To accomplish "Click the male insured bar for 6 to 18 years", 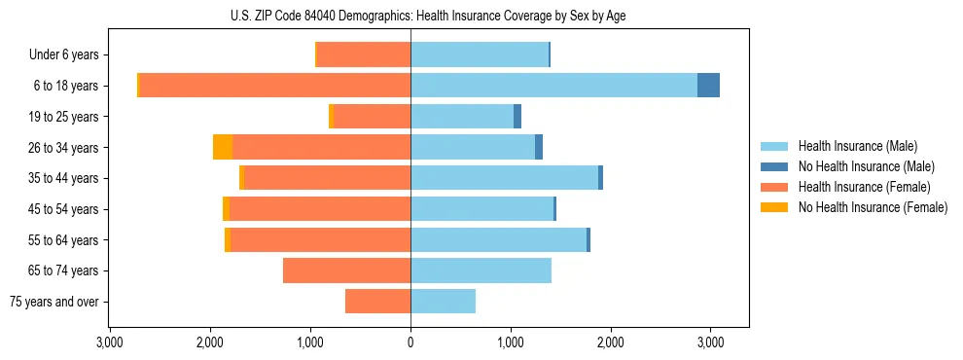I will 553,86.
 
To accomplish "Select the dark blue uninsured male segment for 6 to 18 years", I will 708,86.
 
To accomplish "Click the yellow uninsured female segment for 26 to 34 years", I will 223,147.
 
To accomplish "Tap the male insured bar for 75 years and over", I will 443,302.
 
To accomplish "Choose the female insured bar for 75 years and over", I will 377,302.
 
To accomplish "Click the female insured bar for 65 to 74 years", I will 346,270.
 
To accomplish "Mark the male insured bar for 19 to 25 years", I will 462,117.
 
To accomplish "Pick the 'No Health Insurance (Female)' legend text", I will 873,207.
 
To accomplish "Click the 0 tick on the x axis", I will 410,342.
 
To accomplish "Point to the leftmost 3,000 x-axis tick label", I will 110,342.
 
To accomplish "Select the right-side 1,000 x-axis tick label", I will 511,342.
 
